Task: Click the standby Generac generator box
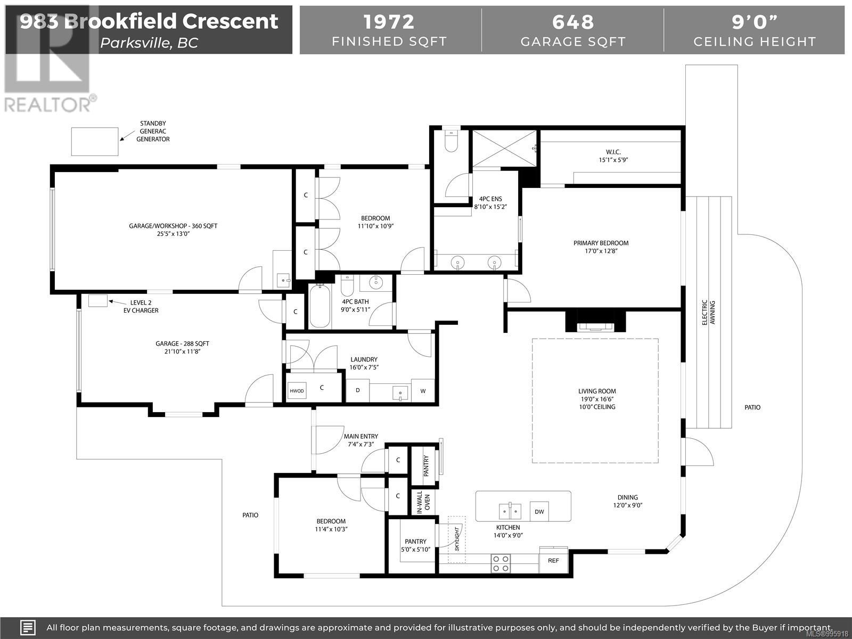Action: click(x=95, y=142)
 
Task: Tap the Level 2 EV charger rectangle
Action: click(x=98, y=301)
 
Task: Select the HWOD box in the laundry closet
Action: click(x=297, y=391)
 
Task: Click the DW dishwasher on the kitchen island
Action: click(x=539, y=511)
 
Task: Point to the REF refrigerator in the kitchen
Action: click(x=553, y=560)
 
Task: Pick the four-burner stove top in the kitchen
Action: click(x=501, y=564)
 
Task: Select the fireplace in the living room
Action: click(x=595, y=322)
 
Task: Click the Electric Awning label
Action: click(x=708, y=313)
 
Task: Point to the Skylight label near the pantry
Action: click(x=457, y=539)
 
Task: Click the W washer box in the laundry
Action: click(x=423, y=391)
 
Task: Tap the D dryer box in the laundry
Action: click(x=357, y=390)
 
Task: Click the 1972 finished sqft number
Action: click(x=389, y=22)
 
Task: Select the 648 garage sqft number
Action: click(x=573, y=22)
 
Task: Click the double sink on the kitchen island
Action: click(x=510, y=511)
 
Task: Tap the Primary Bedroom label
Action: click(x=601, y=243)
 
